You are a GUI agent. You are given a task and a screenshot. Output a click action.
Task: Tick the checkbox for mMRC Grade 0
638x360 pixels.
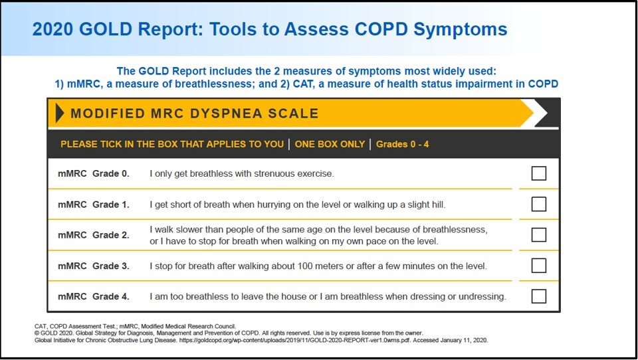point(539,173)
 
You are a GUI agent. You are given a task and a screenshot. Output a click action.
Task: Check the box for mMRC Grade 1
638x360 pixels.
point(539,204)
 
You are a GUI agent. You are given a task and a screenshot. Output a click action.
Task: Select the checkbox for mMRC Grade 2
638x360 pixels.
point(539,234)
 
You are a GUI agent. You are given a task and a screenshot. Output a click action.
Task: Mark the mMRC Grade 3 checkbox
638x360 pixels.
point(539,266)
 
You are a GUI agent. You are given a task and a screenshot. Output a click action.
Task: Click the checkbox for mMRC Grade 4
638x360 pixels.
point(539,296)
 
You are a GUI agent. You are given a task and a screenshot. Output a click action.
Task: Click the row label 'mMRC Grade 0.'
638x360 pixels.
point(94,174)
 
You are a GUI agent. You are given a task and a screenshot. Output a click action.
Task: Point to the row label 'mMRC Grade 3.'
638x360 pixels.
point(94,266)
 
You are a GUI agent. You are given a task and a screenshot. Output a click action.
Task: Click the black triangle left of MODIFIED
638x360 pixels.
point(59,113)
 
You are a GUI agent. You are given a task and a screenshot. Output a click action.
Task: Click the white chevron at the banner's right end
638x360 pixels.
point(539,113)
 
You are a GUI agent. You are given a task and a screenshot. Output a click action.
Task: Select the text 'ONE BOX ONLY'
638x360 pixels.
point(330,144)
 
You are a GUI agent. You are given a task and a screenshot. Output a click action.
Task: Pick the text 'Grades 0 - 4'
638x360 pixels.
point(402,144)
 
